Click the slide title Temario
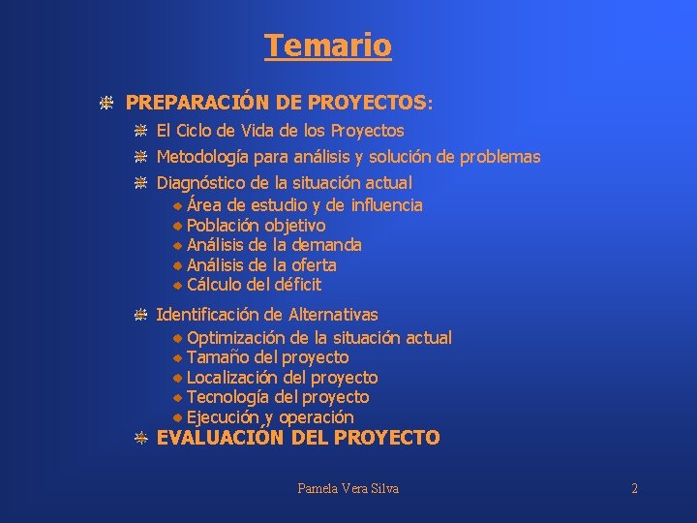[x=327, y=46]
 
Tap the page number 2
[x=634, y=488]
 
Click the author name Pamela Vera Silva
[x=348, y=488]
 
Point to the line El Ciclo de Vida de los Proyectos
[x=280, y=130]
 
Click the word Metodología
[x=201, y=157]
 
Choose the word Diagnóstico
[x=200, y=182]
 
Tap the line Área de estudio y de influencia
[x=304, y=204]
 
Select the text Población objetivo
[x=256, y=225]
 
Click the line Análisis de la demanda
[x=274, y=245]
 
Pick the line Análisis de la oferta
[x=261, y=264]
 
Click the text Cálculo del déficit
[x=254, y=285]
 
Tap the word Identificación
[x=207, y=314]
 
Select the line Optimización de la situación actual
[x=318, y=338]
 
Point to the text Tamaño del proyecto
[x=267, y=357]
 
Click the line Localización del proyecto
[x=282, y=378]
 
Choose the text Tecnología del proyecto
[x=278, y=397]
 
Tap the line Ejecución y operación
[x=270, y=417]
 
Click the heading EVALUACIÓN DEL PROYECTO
[x=298, y=438]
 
